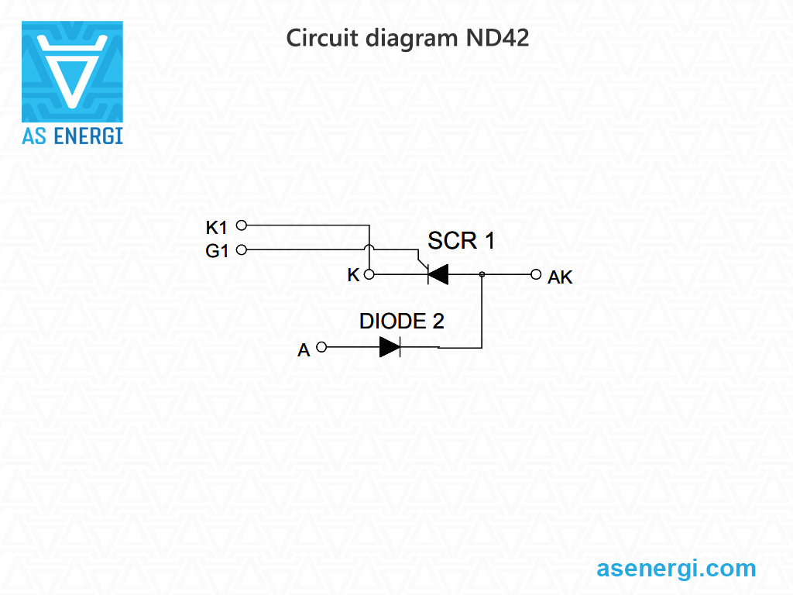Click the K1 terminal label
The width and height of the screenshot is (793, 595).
tap(216, 228)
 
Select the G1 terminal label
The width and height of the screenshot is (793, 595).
tap(217, 251)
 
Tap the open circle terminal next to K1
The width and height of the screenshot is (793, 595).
tap(241, 225)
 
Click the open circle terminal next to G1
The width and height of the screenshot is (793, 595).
tap(241, 249)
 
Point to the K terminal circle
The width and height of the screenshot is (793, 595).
tap(370, 274)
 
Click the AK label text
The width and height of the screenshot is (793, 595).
tap(560, 277)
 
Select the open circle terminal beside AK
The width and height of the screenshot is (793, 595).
tap(535, 274)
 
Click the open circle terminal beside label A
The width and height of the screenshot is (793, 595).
tap(322, 347)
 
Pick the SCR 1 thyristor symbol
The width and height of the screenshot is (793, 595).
tap(438, 274)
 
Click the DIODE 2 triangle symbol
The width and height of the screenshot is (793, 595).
tap(390, 347)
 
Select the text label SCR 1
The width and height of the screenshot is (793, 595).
tap(462, 241)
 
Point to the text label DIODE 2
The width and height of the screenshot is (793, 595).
tap(401, 322)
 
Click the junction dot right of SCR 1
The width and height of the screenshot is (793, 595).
tap(482, 274)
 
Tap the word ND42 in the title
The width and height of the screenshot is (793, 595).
tap(497, 38)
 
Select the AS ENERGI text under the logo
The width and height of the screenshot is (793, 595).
tap(72, 136)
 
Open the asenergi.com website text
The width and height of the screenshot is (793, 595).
tap(676, 568)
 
